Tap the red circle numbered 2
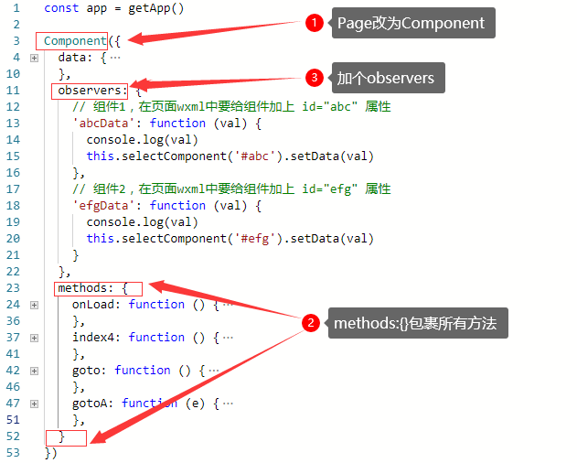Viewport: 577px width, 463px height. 311,322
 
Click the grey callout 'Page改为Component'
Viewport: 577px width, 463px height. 411,24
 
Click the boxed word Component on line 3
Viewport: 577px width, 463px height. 75,41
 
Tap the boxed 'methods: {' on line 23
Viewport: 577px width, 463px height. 92,288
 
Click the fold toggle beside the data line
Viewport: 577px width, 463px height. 35,58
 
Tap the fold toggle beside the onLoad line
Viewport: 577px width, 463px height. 35,305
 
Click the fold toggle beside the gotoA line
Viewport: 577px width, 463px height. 35,404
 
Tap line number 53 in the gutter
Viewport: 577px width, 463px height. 13,453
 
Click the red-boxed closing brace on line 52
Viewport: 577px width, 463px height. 62,436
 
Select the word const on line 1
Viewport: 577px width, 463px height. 61,8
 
